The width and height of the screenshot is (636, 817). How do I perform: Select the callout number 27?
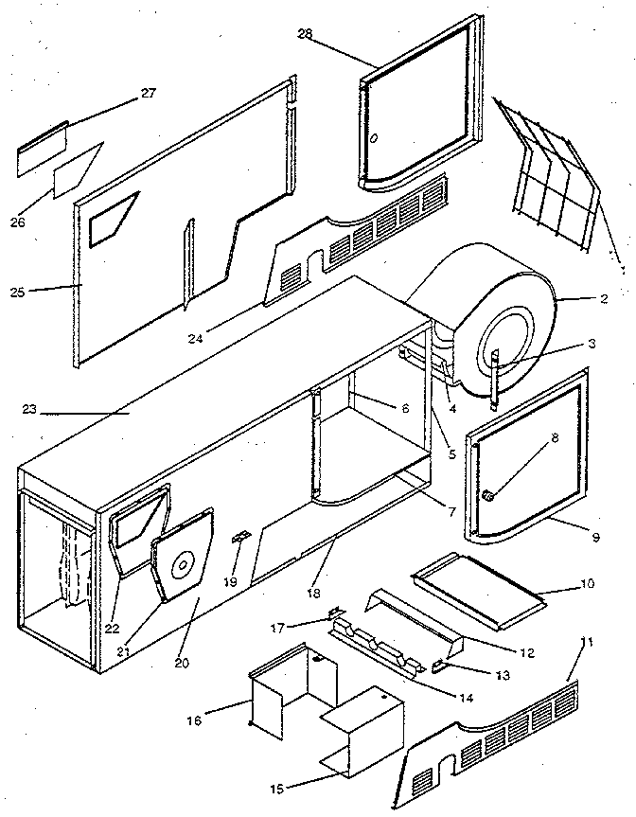[x=148, y=93]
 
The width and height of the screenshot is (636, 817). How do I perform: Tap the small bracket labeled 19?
[x=238, y=537]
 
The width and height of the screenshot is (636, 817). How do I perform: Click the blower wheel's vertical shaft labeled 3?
[x=496, y=379]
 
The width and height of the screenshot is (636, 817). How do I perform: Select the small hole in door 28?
[x=374, y=136]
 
